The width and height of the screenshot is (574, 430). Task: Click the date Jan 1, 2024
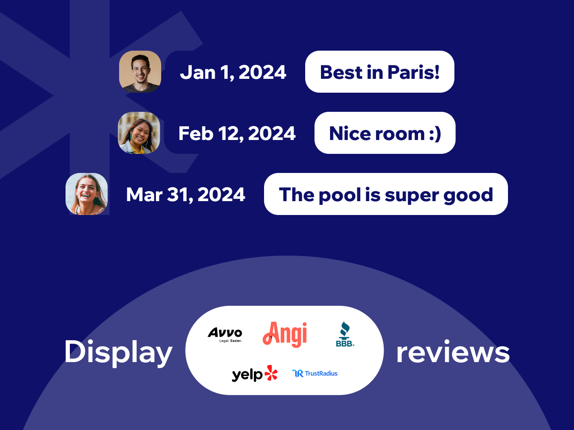click(x=233, y=72)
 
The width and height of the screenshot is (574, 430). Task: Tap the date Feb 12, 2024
click(x=237, y=133)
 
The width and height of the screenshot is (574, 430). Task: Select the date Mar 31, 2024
click(x=186, y=194)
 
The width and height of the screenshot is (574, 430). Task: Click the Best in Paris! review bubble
click(x=379, y=72)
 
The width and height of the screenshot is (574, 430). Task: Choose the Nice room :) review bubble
click(x=385, y=133)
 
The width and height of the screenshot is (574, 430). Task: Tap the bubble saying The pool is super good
click(x=386, y=194)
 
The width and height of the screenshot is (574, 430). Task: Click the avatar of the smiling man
click(x=140, y=72)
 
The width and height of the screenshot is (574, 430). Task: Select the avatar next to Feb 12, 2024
click(x=139, y=133)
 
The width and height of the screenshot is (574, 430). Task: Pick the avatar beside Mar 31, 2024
click(x=87, y=194)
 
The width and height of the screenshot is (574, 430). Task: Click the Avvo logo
click(x=225, y=335)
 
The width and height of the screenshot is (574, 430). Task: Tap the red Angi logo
click(x=285, y=334)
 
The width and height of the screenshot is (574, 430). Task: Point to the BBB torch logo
click(x=345, y=334)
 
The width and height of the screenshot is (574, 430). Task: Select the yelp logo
click(x=254, y=374)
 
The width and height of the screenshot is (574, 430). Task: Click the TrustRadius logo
click(x=315, y=374)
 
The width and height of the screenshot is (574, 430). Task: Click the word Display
click(x=119, y=353)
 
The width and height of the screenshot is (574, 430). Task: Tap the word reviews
click(x=453, y=353)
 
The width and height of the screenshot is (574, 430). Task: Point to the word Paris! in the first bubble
click(x=413, y=72)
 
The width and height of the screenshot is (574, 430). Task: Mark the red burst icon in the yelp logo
click(x=271, y=373)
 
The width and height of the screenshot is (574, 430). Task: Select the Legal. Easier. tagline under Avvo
click(x=231, y=341)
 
